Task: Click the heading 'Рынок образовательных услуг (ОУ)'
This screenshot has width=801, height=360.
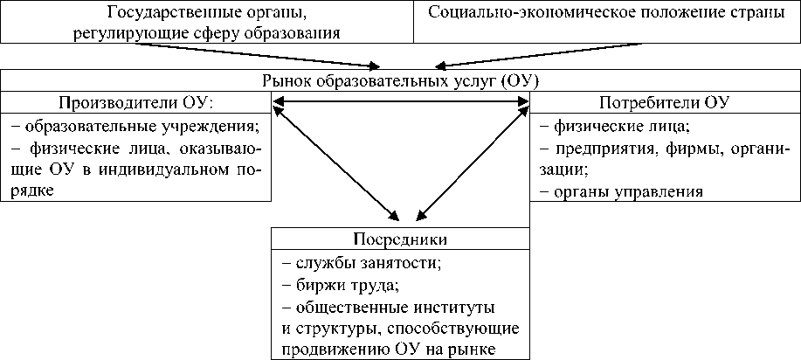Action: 401,80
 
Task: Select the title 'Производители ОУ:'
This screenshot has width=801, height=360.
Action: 135,101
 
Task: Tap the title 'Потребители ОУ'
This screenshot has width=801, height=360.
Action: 665,101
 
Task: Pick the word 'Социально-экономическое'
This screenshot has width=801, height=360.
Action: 517,14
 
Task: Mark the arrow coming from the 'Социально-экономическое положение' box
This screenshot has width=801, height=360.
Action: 515,54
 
